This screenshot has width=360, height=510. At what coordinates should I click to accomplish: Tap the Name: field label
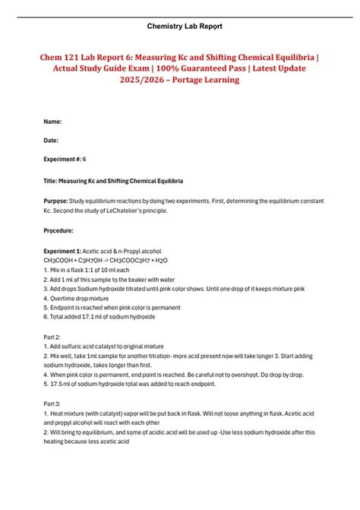[x=53, y=122]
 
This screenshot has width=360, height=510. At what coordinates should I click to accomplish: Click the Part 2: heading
[x=53, y=337]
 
